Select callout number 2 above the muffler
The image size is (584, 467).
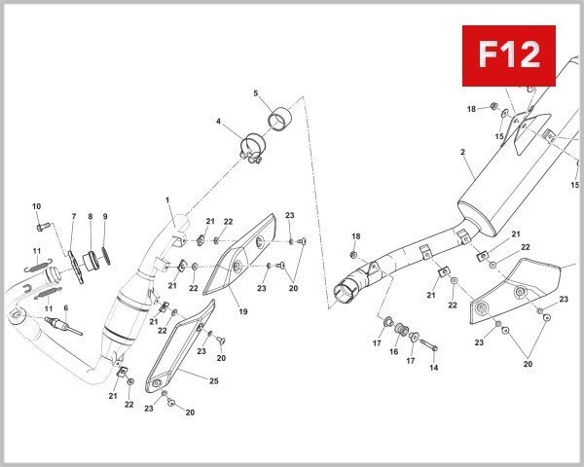462,152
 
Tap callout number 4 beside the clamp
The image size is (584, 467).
219,123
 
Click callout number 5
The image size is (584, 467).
256,94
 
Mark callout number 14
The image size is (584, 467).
433,368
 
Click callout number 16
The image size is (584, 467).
394,353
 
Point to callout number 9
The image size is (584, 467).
105,216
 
